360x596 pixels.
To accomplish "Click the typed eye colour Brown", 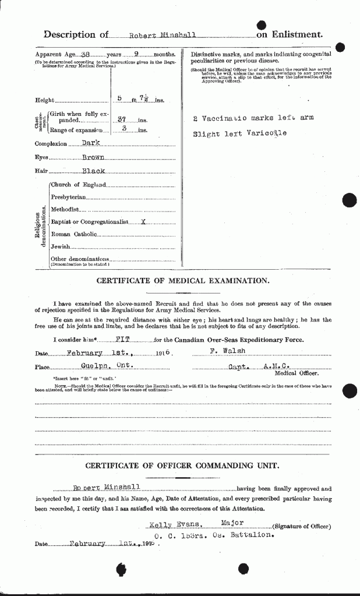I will point(93,157).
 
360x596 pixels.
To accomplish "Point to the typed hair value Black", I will point(93,171).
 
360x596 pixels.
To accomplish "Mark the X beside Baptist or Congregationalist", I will point(143,222).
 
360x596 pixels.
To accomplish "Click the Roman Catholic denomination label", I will point(73,234).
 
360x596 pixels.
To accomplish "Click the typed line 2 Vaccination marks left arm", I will point(253,118).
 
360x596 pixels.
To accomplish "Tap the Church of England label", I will point(77,185).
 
